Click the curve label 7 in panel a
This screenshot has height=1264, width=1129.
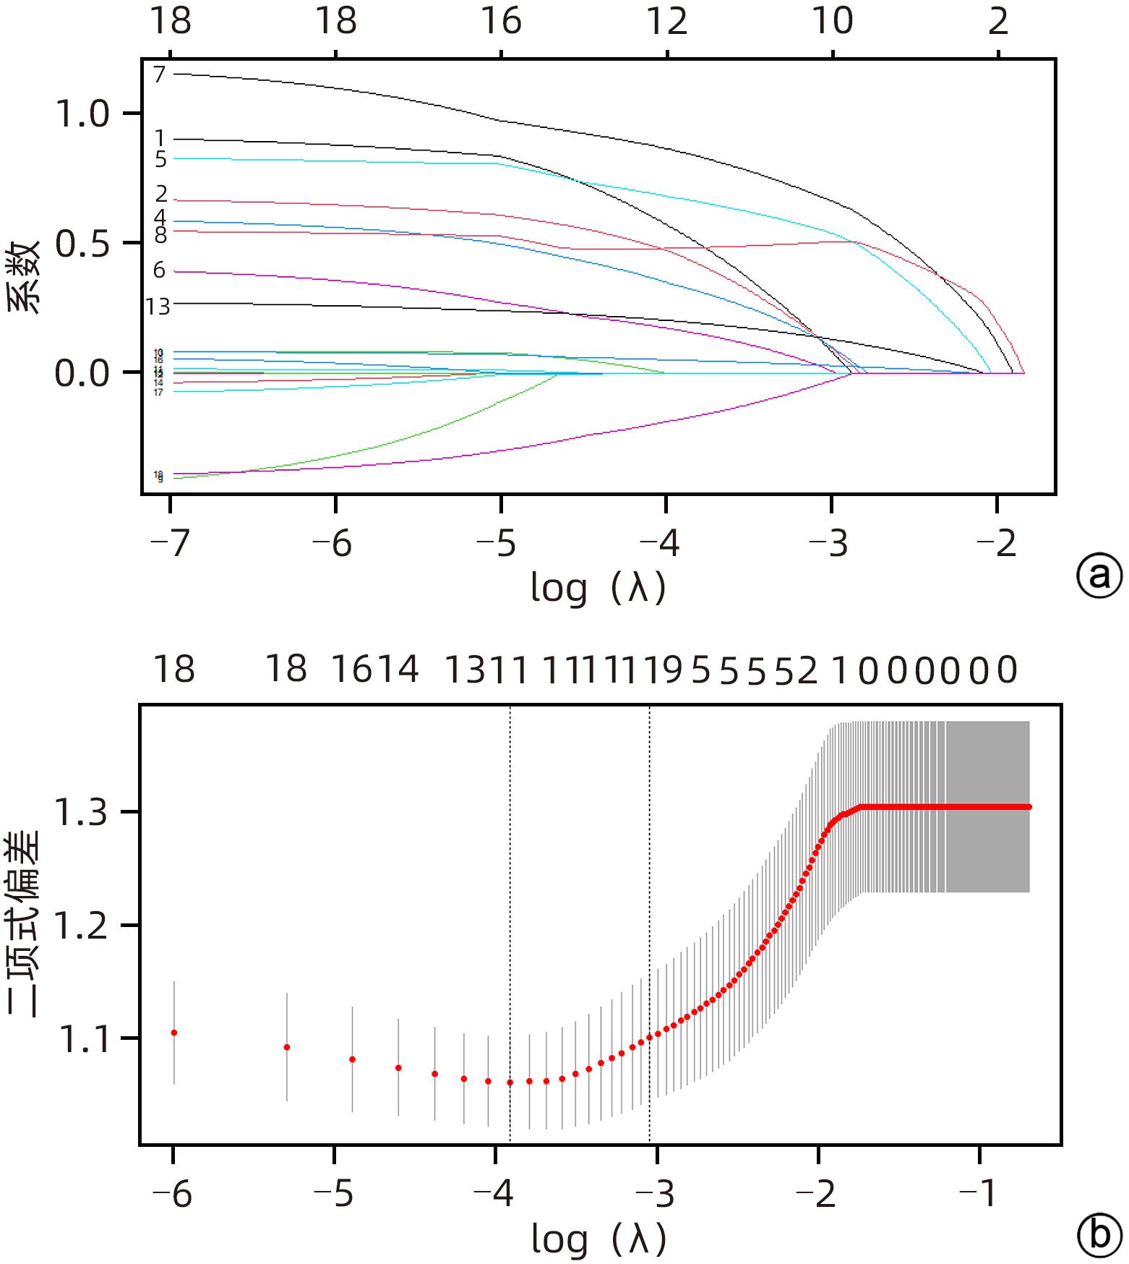(159, 74)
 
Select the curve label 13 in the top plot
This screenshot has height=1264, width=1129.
(158, 307)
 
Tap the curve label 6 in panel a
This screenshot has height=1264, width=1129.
(159, 270)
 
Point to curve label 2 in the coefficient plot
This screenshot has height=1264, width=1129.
(160, 194)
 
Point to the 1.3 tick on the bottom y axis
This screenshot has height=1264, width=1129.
(82, 812)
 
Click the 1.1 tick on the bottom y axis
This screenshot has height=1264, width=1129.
(82, 1040)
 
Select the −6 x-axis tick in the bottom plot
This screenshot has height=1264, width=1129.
(173, 1193)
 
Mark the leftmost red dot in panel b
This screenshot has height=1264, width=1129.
(174, 1033)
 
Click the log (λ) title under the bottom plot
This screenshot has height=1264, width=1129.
(598, 1239)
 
